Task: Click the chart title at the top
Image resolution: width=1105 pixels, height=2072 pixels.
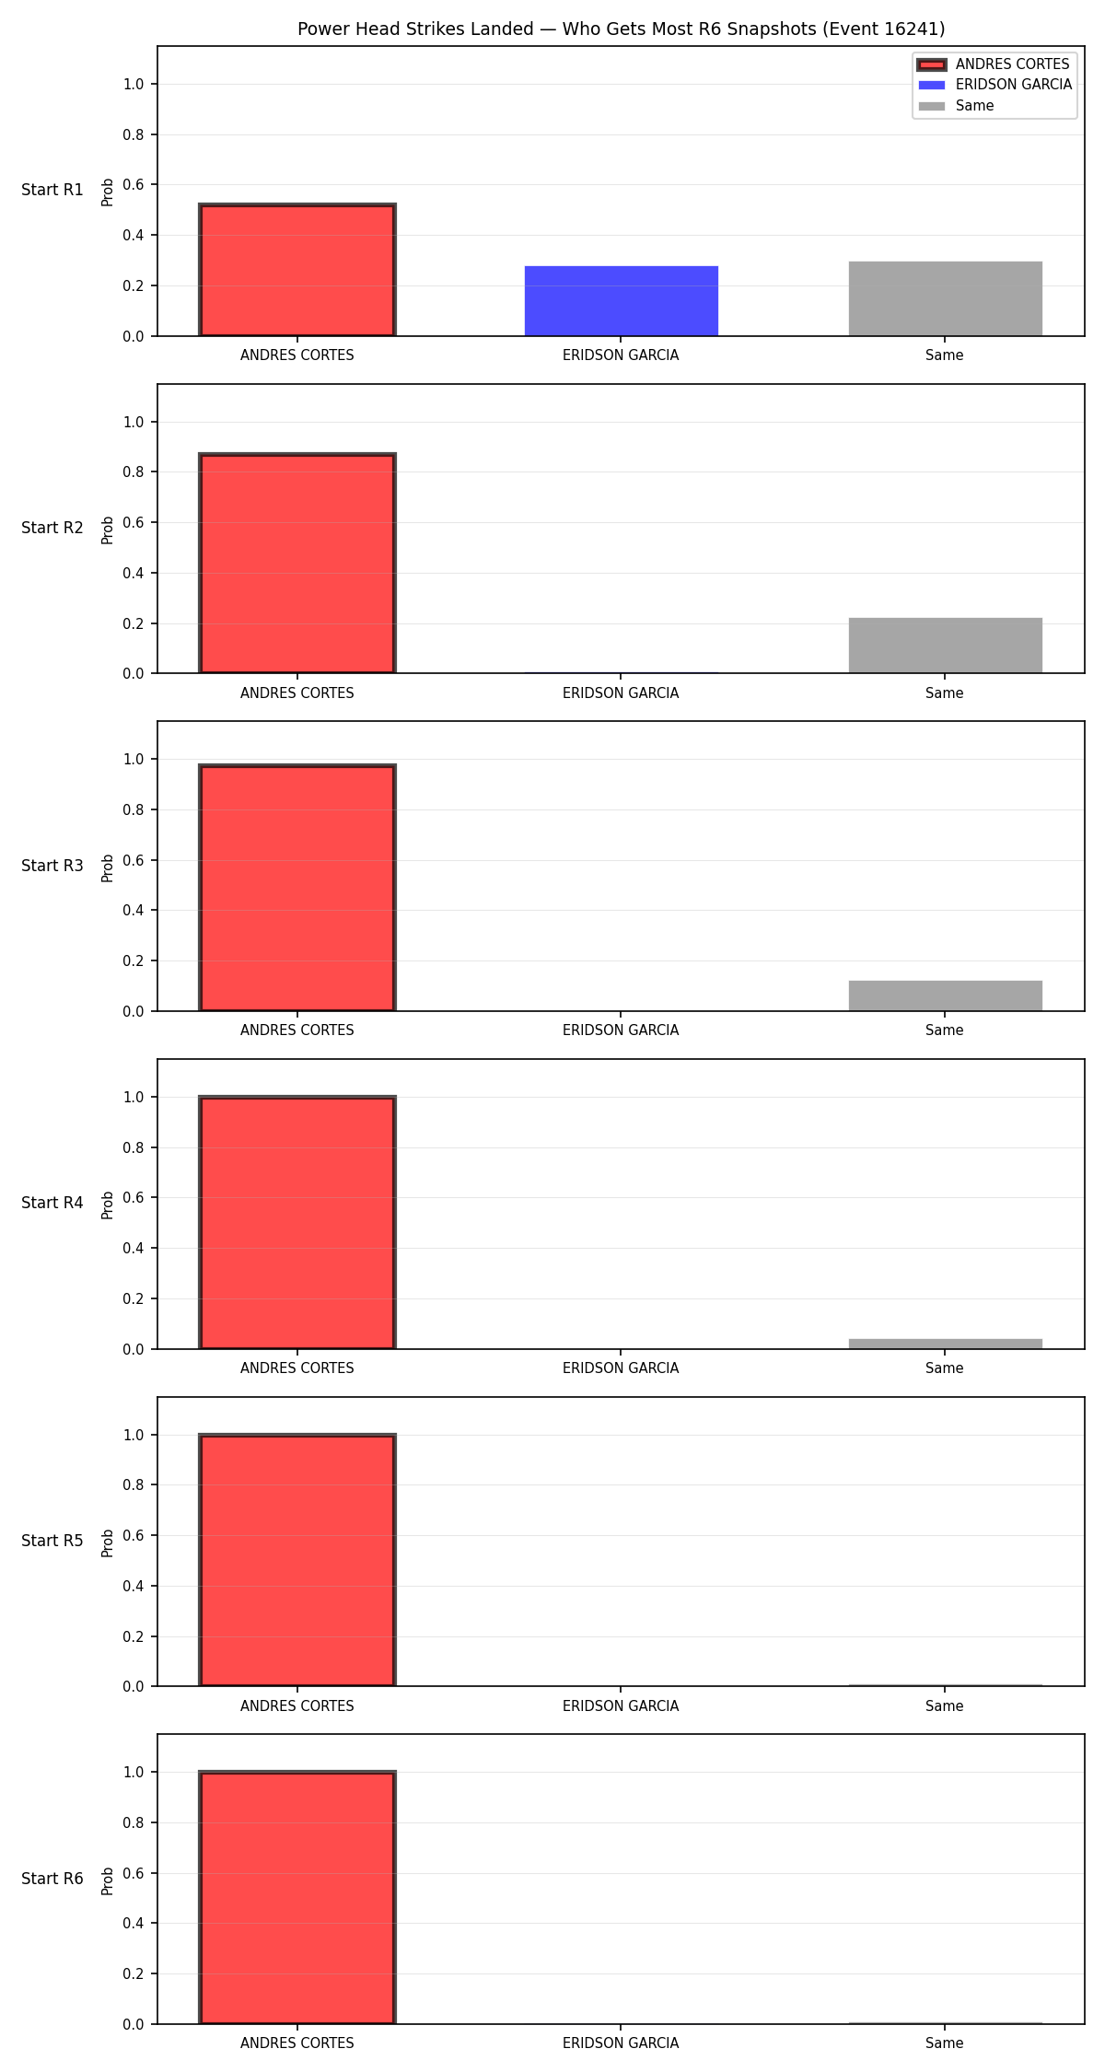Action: pos(621,29)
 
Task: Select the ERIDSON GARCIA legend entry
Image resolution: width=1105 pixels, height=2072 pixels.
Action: pos(994,85)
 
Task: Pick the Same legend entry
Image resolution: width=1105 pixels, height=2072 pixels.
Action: pos(956,106)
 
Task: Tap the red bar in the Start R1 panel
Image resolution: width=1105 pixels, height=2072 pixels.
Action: pos(297,270)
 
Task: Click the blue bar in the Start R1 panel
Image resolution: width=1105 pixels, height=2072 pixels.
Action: pos(621,301)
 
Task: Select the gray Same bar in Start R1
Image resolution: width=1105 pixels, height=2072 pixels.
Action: pos(945,298)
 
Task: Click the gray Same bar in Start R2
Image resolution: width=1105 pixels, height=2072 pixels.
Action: pos(945,646)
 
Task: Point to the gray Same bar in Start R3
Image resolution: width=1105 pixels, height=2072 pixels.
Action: pos(945,995)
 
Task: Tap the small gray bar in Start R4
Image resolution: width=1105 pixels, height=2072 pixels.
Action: pos(945,1344)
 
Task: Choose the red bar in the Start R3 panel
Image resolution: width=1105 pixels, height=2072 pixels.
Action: pos(297,888)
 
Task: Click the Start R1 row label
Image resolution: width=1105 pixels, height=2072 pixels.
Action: pos(52,190)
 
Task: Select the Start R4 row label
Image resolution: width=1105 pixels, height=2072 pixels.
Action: pos(52,1203)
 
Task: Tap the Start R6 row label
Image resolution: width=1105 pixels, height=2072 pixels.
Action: pos(52,1879)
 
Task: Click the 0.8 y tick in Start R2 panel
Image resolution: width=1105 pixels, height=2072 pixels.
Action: pos(134,471)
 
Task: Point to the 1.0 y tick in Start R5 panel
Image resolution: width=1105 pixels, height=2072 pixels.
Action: pos(134,1435)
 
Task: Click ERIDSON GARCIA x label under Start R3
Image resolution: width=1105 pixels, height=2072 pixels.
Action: pos(621,1030)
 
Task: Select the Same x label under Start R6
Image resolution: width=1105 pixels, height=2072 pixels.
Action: pos(945,2043)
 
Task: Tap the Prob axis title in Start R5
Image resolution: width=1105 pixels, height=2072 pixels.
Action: pos(108,1542)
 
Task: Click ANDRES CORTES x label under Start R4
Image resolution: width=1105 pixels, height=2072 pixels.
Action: pos(297,1368)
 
